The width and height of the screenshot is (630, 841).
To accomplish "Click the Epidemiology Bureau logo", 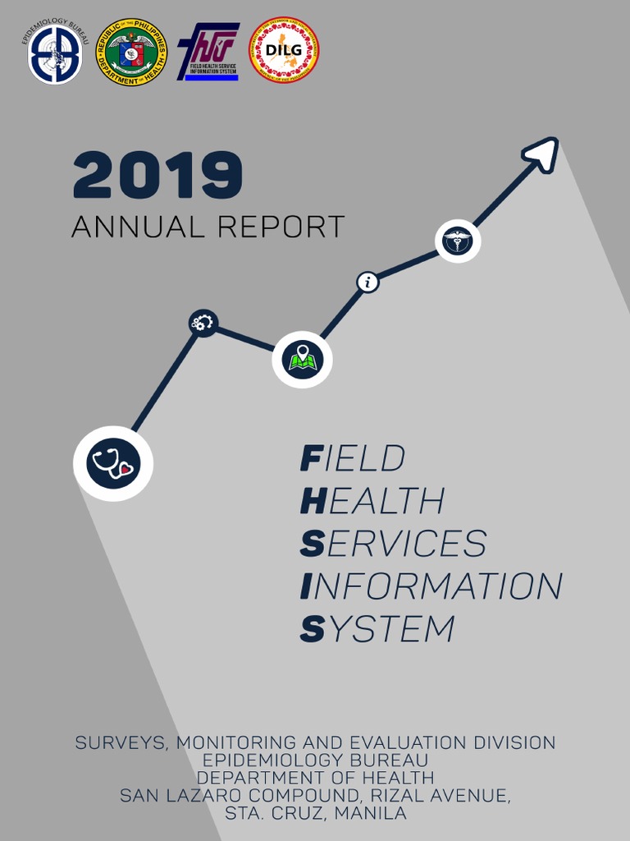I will click(x=56, y=55).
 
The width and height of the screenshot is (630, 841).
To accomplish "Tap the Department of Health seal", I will click(x=130, y=53).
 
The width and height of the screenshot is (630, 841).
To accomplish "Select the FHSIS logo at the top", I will click(x=208, y=52).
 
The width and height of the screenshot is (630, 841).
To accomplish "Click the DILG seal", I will click(x=284, y=50).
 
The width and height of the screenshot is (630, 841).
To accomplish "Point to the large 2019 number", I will click(x=157, y=175).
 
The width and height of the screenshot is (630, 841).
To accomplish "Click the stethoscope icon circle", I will click(x=113, y=463).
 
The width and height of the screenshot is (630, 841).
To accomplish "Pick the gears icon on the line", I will click(x=202, y=322).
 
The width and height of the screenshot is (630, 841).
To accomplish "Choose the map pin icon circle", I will click(x=302, y=359).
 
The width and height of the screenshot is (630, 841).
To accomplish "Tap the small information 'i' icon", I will click(x=367, y=283).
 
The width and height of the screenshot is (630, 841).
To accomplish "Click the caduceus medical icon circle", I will click(x=457, y=241).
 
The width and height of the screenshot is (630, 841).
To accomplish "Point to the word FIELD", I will click(x=353, y=458).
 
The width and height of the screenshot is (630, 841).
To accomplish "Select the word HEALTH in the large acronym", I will click(x=372, y=501).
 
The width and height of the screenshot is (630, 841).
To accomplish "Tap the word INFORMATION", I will click(x=431, y=586).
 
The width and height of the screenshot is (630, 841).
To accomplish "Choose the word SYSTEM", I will click(x=377, y=629).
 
